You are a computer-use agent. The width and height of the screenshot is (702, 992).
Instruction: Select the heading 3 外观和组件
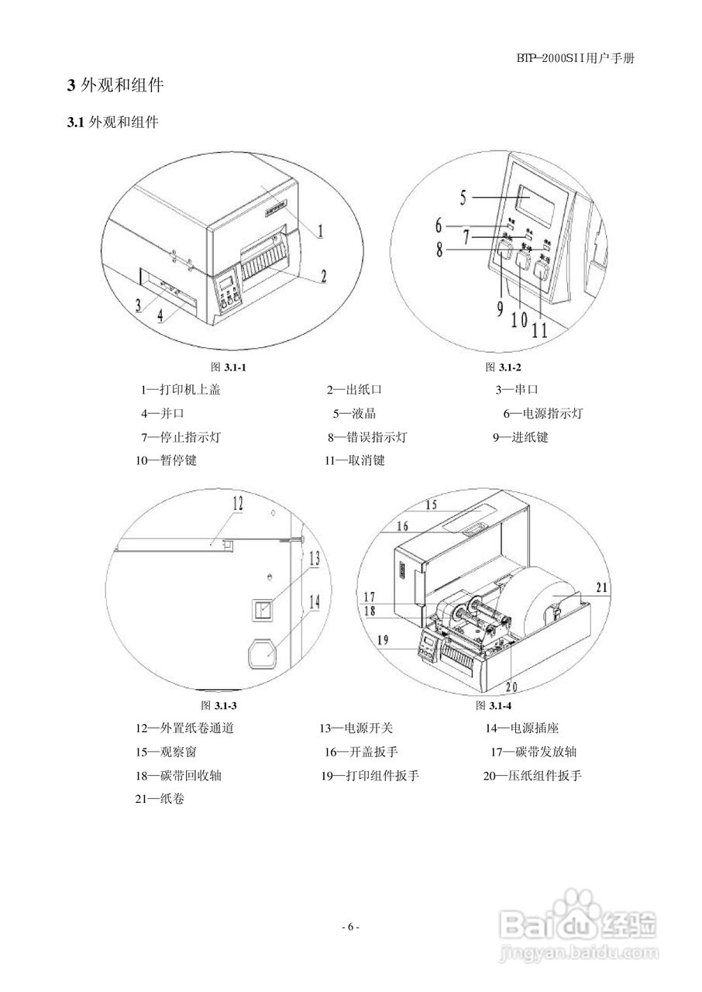click(115, 85)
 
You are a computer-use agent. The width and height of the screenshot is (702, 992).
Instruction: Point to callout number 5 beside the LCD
click(463, 197)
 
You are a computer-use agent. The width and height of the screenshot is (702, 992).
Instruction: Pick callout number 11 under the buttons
click(539, 329)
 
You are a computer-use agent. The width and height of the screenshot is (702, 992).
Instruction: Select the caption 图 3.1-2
click(503, 367)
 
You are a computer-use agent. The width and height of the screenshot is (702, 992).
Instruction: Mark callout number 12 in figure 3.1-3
click(237, 504)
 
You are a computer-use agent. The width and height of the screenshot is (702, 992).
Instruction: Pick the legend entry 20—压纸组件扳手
click(532, 775)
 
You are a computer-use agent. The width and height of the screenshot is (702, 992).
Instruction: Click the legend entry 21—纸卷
click(160, 798)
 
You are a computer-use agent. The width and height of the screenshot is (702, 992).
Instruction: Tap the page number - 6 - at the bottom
click(350, 927)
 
